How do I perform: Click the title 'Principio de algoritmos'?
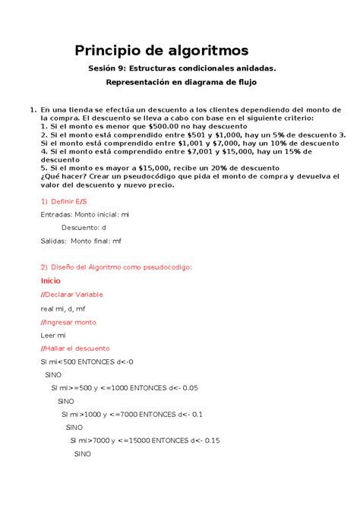click(x=161, y=51)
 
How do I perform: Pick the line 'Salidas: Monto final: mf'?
click(x=81, y=241)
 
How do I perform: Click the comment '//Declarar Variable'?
click(x=71, y=294)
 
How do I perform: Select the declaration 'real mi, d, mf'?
click(x=64, y=308)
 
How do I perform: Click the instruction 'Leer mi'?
click(x=52, y=334)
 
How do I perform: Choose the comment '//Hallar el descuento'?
click(x=75, y=348)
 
